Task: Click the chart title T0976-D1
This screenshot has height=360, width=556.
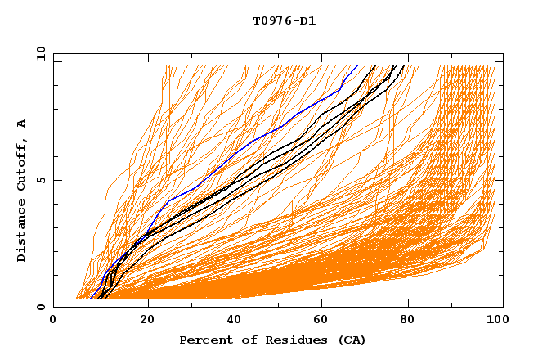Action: [x=284, y=20]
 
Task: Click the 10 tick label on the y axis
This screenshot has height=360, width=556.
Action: [x=40, y=53]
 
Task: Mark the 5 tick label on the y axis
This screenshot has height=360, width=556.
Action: [x=40, y=180]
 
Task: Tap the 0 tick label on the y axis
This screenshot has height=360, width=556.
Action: [x=40, y=307]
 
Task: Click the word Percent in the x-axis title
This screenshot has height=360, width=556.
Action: [x=203, y=340]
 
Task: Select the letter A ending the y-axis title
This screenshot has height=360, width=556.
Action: [x=22, y=124]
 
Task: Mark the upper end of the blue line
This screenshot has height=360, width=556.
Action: [x=357, y=65]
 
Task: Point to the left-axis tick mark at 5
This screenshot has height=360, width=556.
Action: [x=56, y=180]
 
